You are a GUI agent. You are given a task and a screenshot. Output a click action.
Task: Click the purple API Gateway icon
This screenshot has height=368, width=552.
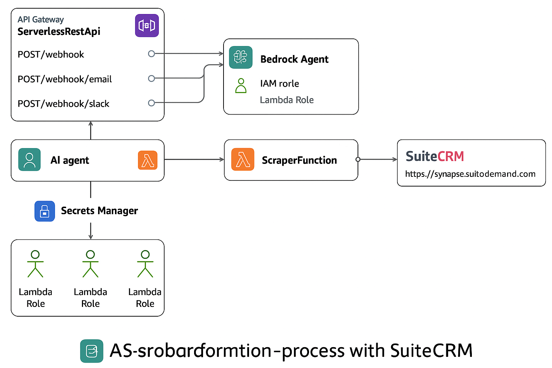[x=147, y=26]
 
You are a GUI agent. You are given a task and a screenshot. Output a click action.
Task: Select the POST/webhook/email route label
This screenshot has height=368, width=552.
[x=65, y=79]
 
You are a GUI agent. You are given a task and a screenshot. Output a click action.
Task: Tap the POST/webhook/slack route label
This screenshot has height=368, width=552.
[x=63, y=104]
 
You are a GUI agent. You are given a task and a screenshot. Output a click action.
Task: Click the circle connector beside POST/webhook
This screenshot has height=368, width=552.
[x=151, y=54]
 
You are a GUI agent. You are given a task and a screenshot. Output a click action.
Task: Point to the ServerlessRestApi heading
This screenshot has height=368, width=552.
[x=59, y=32]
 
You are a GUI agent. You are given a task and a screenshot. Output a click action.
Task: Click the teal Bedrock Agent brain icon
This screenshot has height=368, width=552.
[x=241, y=57]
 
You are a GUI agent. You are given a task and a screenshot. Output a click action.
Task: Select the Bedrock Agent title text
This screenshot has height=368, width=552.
[x=294, y=59]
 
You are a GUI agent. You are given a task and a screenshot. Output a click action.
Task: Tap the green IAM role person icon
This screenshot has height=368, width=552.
[x=241, y=86]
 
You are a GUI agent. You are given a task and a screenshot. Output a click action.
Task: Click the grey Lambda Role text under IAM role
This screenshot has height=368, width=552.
[x=286, y=100]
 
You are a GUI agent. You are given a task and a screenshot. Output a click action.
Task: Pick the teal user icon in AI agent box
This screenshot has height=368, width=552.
[x=29, y=160]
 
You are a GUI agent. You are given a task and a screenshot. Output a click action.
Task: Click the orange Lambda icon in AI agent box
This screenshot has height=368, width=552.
[x=148, y=160]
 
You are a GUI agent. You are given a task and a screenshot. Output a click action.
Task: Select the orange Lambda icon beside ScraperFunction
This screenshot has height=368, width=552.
[x=243, y=159]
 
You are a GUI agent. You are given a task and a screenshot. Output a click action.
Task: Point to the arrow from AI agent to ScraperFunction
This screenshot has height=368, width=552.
[x=194, y=160]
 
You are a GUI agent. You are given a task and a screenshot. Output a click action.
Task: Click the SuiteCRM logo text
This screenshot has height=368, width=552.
[x=435, y=156]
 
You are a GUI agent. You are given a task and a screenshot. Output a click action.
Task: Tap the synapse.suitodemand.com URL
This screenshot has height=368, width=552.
[x=470, y=174]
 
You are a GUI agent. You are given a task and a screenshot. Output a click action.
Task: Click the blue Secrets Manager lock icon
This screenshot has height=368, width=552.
[x=45, y=211]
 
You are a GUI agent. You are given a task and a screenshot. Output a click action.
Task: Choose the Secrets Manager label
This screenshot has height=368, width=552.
[x=99, y=211]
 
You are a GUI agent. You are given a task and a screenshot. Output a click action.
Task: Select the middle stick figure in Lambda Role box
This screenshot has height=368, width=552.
[x=91, y=264]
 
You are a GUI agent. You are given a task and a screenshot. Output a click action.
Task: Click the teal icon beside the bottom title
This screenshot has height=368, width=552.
[x=92, y=351]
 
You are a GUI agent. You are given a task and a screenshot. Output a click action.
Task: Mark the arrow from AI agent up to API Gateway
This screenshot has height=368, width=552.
[x=91, y=131]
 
